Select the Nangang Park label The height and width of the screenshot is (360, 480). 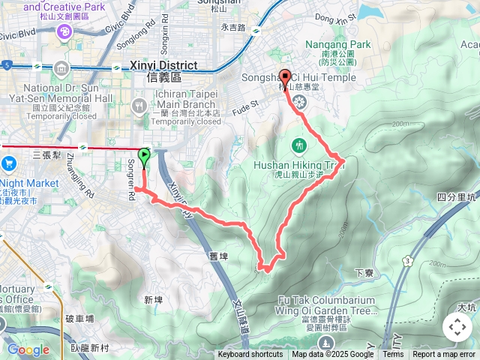coord(337,45)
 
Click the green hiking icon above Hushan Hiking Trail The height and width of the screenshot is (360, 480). coord(300,144)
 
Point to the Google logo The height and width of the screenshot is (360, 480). coord(28,349)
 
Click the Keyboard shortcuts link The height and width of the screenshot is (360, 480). coord(250,355)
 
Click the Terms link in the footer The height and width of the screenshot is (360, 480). coord(393,355)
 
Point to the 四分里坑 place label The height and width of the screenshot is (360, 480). coord(455,197)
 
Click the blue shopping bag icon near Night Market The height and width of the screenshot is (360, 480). coord(8,163)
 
